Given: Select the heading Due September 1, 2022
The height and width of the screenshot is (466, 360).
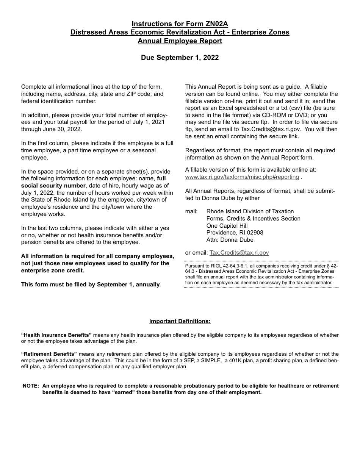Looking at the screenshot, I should [x=180, y=58].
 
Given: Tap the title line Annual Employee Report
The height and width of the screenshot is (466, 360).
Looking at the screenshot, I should [x=180, y=41].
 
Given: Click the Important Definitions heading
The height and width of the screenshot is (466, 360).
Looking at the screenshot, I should [x=180, y=321].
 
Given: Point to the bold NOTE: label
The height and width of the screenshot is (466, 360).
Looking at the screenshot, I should [x=31, y=386].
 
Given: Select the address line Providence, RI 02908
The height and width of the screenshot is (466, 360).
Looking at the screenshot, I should [x=235, y=233].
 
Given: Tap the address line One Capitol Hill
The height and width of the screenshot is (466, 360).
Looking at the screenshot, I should [x=227, y=226].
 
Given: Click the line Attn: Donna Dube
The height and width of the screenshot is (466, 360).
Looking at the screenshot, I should [x=230, y=240].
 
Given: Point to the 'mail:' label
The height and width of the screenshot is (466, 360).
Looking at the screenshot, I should [x=191, y=211].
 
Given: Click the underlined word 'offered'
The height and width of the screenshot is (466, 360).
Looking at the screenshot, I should [x=85, y=242].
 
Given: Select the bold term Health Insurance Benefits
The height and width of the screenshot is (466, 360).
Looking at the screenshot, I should [x=56, y=335].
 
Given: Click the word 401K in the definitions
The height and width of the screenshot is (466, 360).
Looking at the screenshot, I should [x=233, y=360].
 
